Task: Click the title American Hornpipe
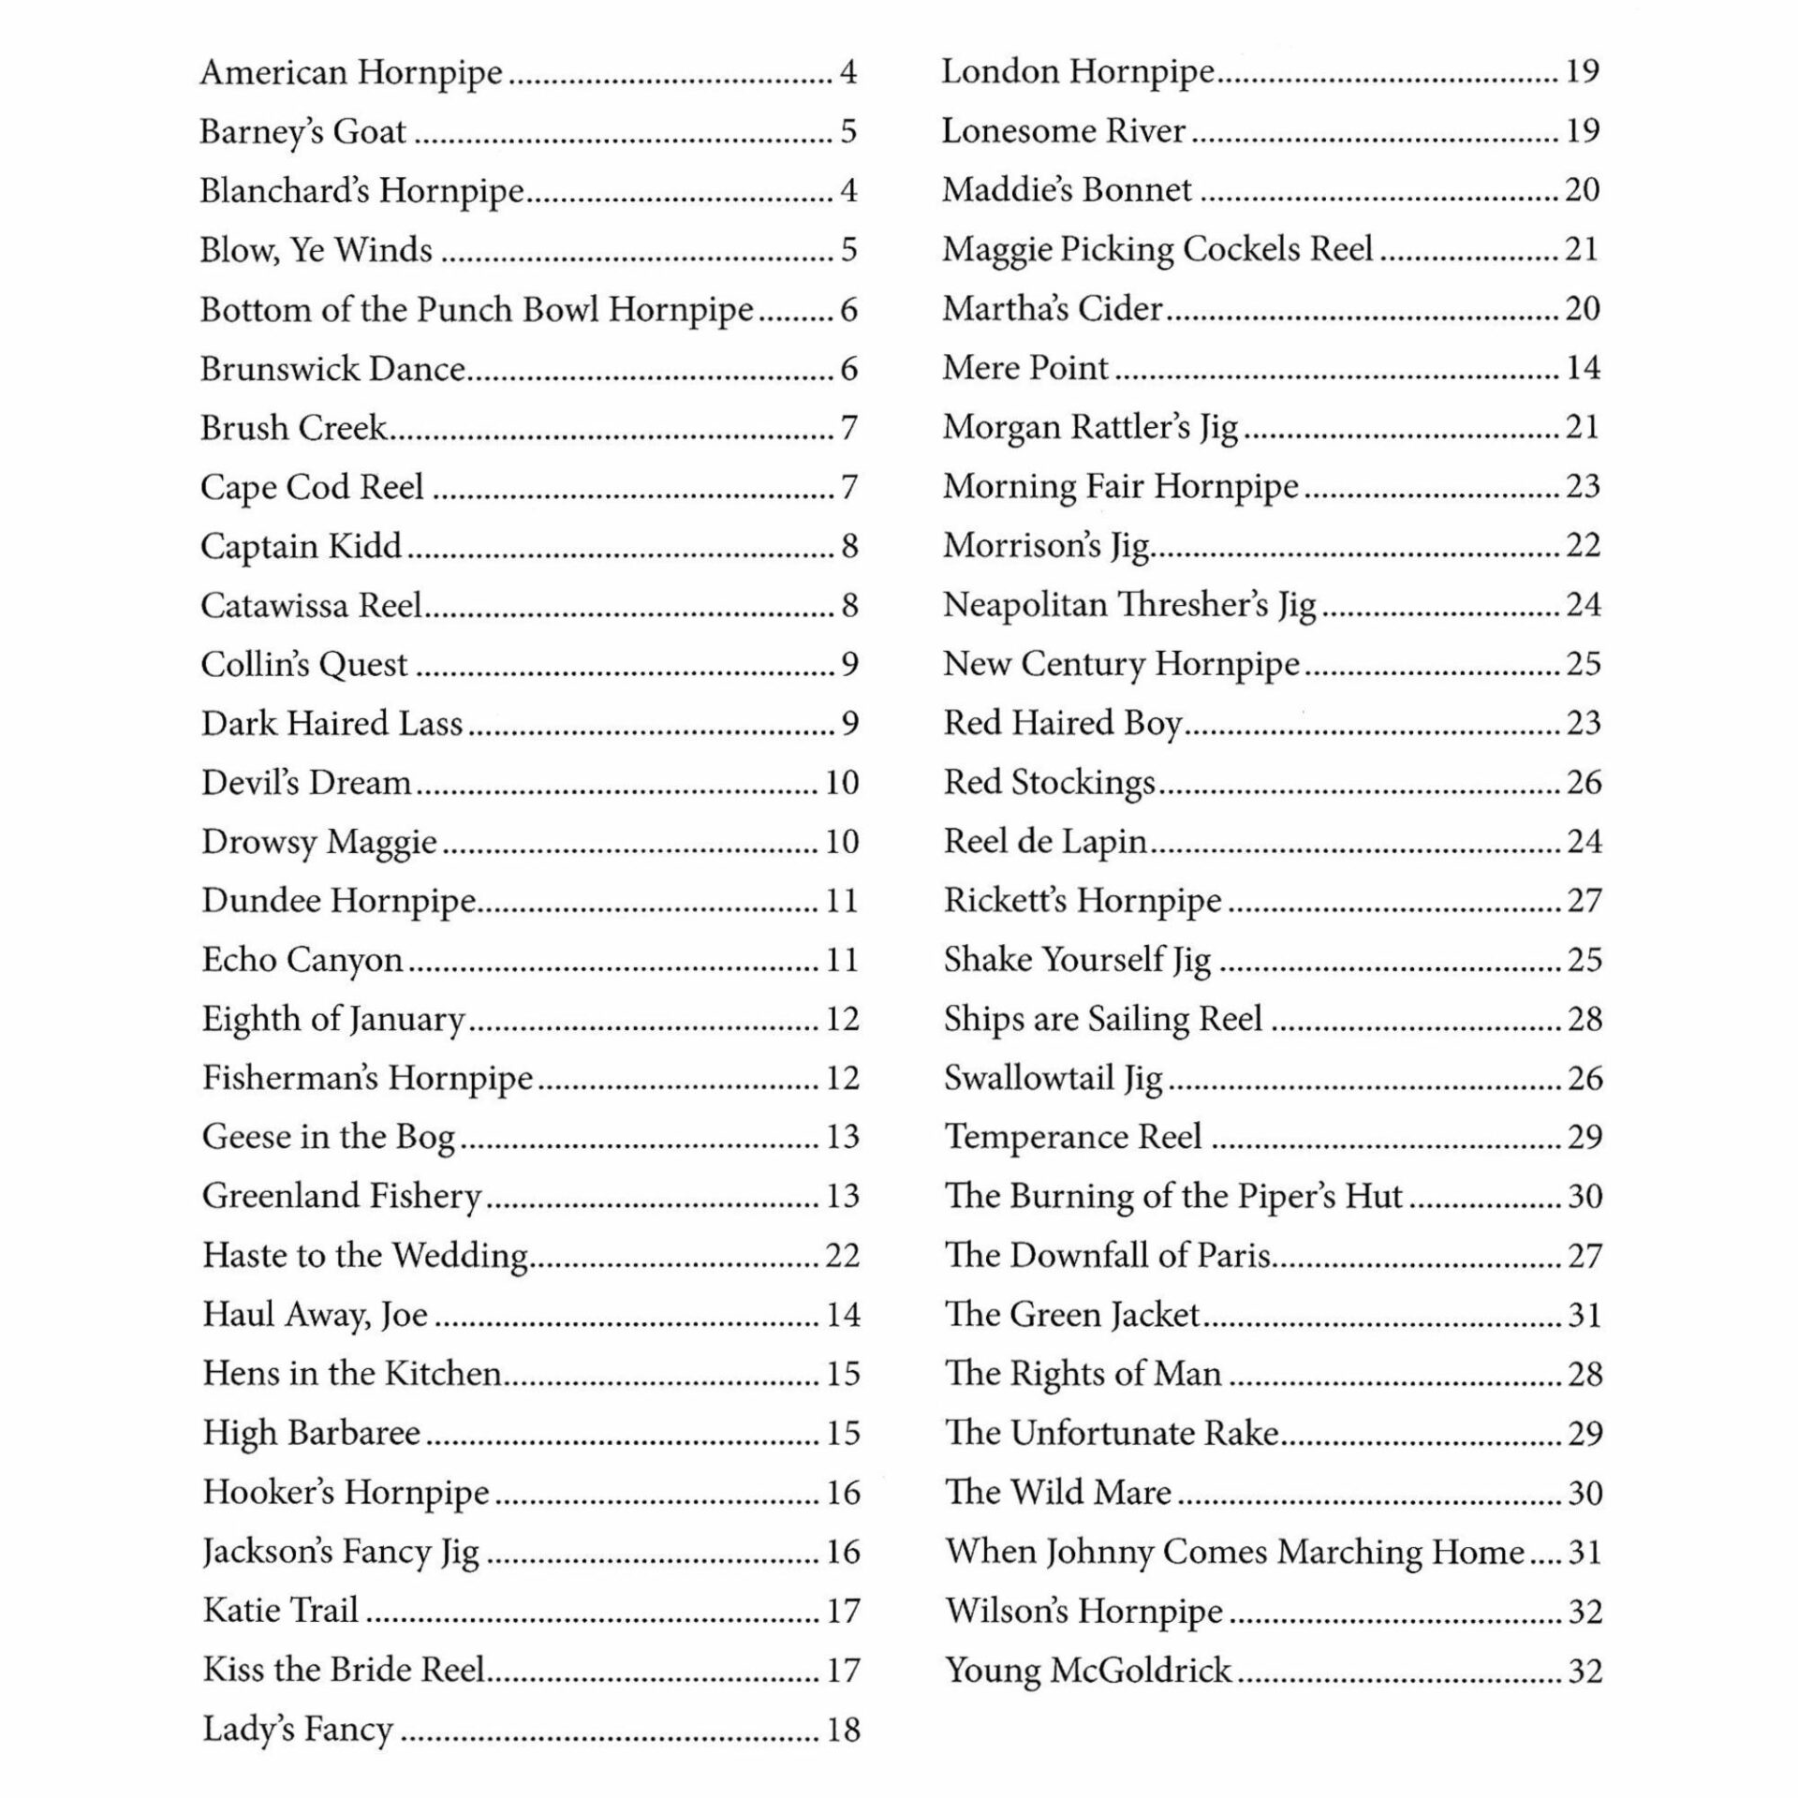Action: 351,73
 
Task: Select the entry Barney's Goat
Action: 302,132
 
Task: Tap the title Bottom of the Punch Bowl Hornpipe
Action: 477,310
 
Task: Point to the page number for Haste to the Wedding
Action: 842,1256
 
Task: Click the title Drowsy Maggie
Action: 319,842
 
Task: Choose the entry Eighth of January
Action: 333,1019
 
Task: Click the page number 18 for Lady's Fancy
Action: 842,1730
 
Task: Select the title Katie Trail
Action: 281,1611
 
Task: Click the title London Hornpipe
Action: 1078,72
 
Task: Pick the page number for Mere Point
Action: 1583,368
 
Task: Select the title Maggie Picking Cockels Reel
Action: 1157,249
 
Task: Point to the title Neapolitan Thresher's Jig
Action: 1129,605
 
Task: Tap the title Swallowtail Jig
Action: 1054,1079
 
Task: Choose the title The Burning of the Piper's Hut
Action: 1173,1197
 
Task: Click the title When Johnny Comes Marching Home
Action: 1234,1552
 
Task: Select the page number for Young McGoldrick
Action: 1584,1671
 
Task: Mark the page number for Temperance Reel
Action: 1584,1138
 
